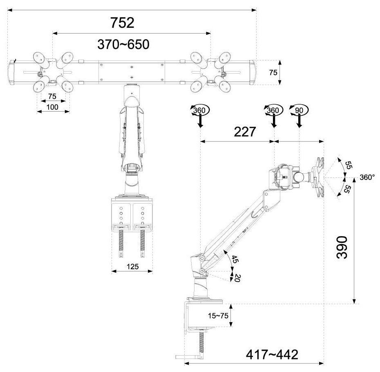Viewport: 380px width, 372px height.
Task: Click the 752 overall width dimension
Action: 122,23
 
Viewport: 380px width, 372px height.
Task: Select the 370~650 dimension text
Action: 123,44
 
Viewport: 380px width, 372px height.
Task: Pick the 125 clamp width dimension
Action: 132,267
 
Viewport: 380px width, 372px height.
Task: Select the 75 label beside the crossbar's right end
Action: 273,72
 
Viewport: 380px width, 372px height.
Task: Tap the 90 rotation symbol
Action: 300,110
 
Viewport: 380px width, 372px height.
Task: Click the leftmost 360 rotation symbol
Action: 199,110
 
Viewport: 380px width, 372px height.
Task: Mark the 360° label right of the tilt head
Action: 367,177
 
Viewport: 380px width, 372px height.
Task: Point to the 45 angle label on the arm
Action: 234,259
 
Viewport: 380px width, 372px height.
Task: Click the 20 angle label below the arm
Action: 236,278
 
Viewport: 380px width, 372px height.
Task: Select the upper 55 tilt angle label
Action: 348,165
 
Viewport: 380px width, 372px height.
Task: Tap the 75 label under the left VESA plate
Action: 51,96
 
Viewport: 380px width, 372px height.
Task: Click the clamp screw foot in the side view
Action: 190,356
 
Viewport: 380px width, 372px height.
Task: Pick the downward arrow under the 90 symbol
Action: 300,121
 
